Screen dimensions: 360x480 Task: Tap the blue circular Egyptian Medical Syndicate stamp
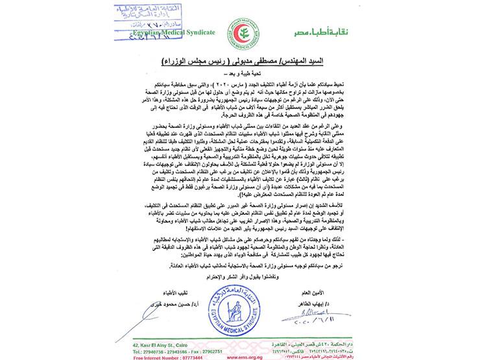243,298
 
